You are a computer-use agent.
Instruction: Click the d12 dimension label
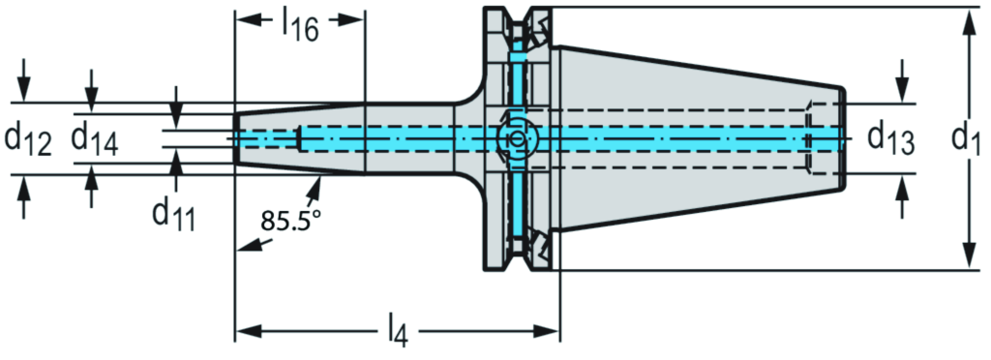(28, 140)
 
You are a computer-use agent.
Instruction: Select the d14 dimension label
(95, 140)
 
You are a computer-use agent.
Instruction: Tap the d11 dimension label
(173, 217)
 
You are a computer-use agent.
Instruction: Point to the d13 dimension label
(890, 137)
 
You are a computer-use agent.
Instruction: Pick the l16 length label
(300, 25)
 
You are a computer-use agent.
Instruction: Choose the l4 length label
(397, 331)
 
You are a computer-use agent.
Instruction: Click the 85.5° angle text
(290, 221)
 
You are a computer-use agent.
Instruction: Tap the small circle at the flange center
(517, 139)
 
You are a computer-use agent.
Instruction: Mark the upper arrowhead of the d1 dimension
(966, 21)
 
